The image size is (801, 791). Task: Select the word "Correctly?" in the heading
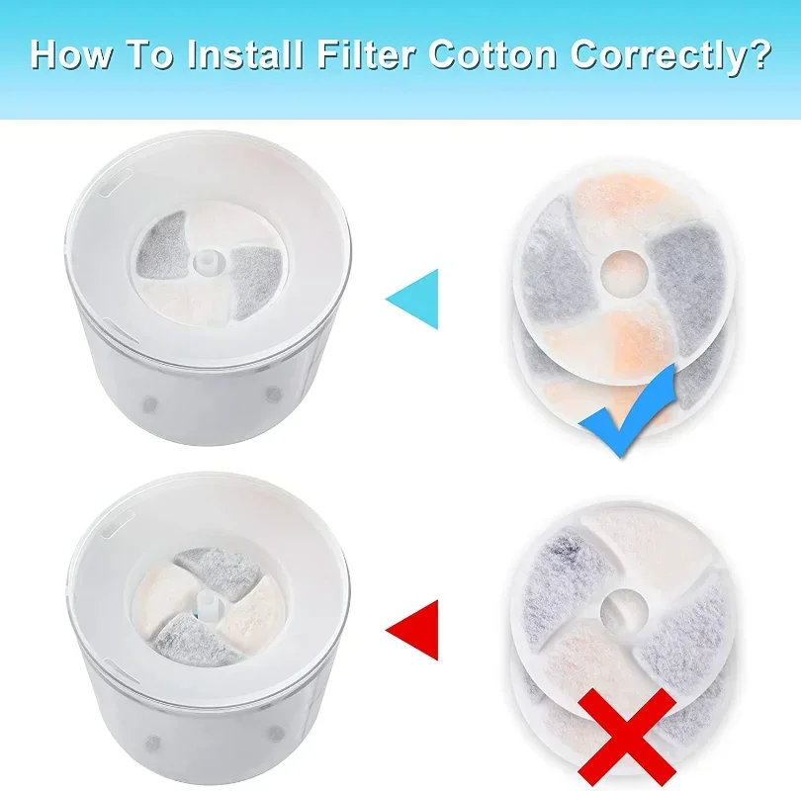pyautogui.click(x=670, y=57)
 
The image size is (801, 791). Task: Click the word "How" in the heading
pyautogui.click(x=70, y=54)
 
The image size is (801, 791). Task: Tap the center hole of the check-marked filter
pyautogui.click(x=623, y=270)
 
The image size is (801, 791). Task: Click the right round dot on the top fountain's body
pyautogui.click(x=274, y=394)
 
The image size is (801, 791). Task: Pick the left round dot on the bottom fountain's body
pyautogui.click(x=152, y=743)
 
